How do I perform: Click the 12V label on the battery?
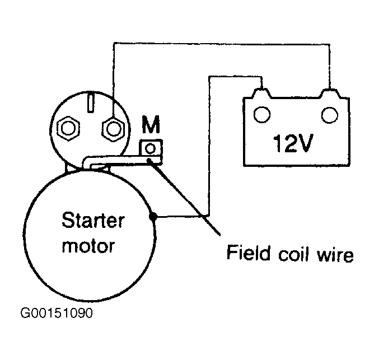tap(293, 143)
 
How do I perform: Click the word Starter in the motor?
tap(93, 221)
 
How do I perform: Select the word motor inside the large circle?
tap(88, 246)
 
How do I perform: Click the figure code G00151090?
tap(57, 313)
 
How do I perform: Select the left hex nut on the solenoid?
tap(68, 128)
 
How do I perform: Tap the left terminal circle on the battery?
tap(262, 115)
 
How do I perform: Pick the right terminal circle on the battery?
tap(329, 115)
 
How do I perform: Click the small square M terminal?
tap(151, 148)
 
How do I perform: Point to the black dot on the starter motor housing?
tap(153, 217)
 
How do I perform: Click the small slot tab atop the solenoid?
tap(91, 103)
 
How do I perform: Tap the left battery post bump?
tap(261, 93)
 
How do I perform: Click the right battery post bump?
tap(330, 93)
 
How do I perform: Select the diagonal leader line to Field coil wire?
tap(184, 197)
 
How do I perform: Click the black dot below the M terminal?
tap(150, 160)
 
